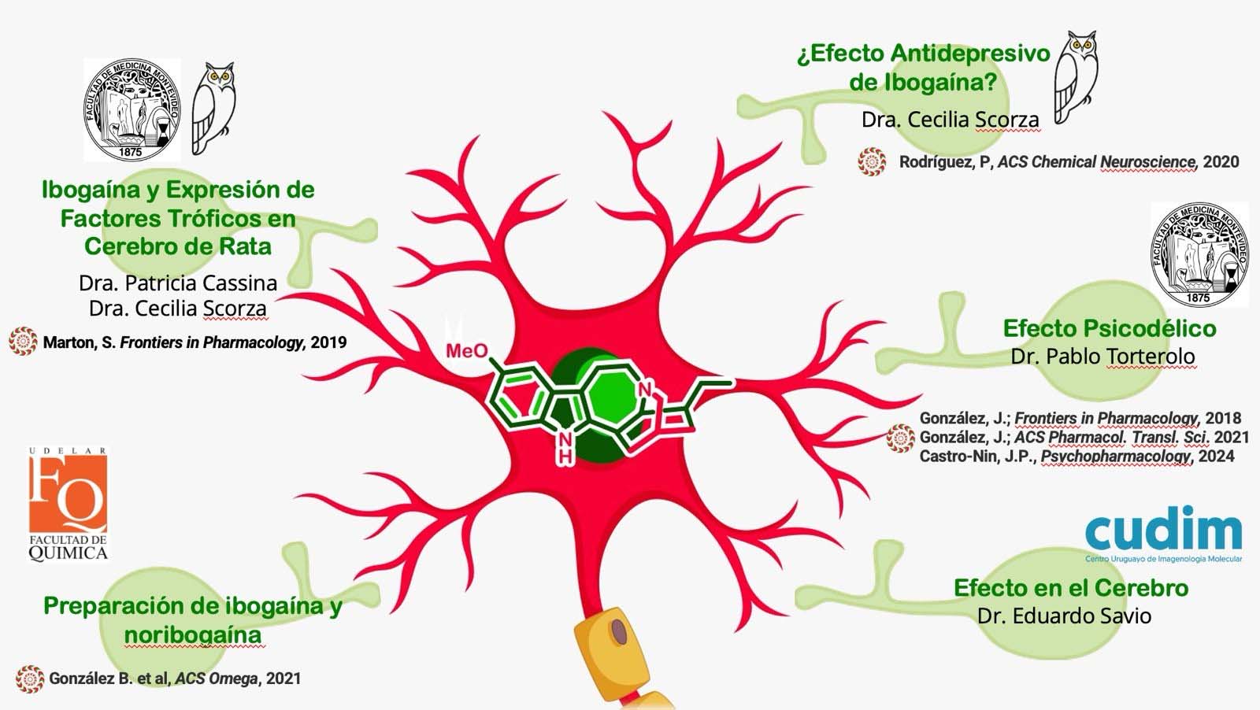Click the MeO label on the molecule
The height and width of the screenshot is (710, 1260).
(x=467, y=351)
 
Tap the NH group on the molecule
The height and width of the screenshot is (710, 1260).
(x=566, y=447)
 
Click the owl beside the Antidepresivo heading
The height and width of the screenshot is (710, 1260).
(x=1076, y=77)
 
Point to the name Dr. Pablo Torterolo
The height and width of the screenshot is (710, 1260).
(x=1102, y=357)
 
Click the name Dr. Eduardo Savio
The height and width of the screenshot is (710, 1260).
(x=1064, y=616)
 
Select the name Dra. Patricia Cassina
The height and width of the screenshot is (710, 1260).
(x=178, y=283)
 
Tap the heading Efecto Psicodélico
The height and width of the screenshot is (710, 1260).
(x=1110, y=328)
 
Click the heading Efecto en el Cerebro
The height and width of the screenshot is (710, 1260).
(x=1071, y=588)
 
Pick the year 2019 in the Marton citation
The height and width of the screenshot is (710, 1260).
(x=328, y=342)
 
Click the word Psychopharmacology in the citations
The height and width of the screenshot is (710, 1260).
(x=1115, y=457)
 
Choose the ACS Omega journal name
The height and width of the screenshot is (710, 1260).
(x=217, y=679)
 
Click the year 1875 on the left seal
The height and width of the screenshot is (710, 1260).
(x=131, y=152)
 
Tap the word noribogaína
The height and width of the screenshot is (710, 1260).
(x=193, y=635)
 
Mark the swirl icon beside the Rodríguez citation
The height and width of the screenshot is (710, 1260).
(x=872, y=161)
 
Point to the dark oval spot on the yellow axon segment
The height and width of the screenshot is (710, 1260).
(x=619, y=632)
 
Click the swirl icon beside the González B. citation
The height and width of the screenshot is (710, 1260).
(x=30, y=679)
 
